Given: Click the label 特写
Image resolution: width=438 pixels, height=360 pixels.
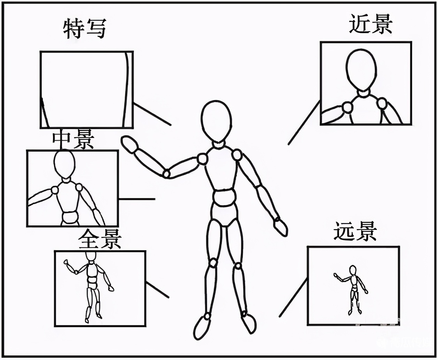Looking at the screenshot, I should click(85, 29).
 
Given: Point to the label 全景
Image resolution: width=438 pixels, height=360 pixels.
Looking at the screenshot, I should click(100, 240).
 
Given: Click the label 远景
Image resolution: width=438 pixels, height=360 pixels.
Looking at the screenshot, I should click(355, 231).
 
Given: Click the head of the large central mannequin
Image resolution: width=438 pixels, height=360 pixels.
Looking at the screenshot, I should click(216, 120).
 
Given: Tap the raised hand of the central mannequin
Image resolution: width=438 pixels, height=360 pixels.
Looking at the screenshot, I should click(129, 145).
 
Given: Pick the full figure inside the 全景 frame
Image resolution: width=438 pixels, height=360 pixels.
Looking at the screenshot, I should click(92, 286).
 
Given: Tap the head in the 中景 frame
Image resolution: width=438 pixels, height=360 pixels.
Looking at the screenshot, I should click(64, 164).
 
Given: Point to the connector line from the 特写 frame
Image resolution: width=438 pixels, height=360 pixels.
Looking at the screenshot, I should click(152, 115).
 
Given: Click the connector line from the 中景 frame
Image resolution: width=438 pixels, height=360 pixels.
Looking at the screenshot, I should click(136, 199).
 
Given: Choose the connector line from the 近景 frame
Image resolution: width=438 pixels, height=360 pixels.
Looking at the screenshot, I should click(304, 123).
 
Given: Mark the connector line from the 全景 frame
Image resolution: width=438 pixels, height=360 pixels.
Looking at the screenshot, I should click(157, 290).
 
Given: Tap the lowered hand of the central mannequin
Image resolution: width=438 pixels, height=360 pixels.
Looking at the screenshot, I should click(281, 227).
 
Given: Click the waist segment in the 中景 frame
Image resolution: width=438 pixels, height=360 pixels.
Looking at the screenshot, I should click(71, 217).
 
